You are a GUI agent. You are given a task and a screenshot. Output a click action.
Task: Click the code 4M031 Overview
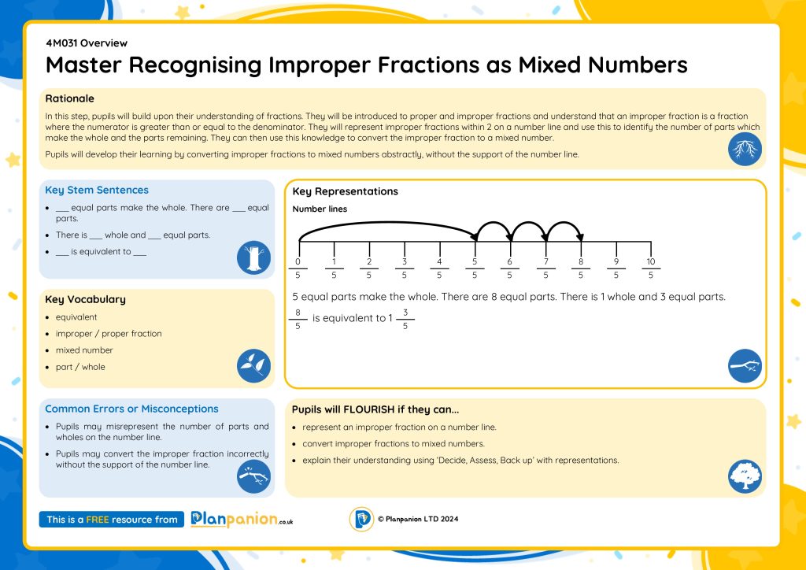[87, 43]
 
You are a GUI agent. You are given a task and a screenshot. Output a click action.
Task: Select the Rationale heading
[69, 98]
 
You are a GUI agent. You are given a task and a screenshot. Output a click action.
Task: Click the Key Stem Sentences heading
[96, 190]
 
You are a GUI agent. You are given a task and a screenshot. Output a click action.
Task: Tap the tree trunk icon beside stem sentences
[253, 257]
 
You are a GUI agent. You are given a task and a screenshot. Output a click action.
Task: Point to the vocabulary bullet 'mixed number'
[84, 350]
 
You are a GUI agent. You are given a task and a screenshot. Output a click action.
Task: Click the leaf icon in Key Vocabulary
[253, 366]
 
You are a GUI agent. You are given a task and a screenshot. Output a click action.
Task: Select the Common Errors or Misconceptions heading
[131, 409]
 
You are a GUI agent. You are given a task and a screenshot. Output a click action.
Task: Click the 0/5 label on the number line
[298, 268]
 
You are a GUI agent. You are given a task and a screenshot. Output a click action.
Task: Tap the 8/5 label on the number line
[581, 268]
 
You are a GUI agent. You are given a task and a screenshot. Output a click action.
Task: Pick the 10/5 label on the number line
[651, 268]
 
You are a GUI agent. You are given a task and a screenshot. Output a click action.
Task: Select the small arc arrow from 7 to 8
[564, 224]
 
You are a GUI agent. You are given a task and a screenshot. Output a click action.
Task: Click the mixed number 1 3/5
[398, 319]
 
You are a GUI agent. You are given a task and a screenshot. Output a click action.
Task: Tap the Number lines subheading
[320, 209]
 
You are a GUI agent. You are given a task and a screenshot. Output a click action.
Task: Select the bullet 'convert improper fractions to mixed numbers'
[394, 443]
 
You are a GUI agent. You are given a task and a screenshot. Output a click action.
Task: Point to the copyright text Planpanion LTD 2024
[417, 519]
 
